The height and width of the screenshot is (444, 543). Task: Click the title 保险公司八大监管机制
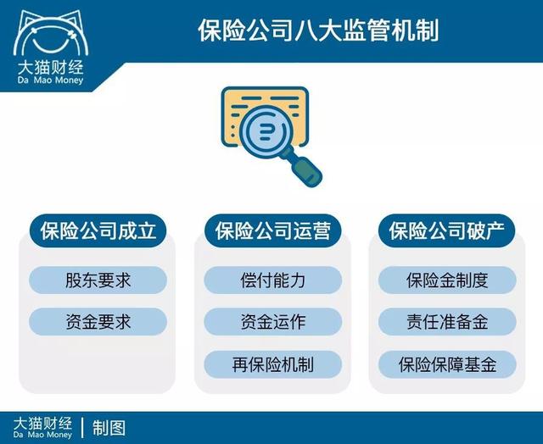coord(318,31)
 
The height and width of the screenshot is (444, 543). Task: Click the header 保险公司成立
coord(98,230)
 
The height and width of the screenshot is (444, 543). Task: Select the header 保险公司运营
coord(272,230)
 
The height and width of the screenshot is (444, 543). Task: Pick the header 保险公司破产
coord(446,230)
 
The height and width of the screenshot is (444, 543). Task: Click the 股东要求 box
coord(98,280)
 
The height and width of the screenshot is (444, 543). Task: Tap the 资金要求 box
coord(98,322)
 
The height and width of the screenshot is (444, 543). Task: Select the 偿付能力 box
coord(272,280)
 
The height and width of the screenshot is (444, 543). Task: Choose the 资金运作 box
coord(272,322)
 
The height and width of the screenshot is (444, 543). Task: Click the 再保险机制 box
coord(272,365)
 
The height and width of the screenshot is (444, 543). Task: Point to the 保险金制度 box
coord(446,280)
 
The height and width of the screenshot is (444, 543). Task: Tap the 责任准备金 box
coord(446,322)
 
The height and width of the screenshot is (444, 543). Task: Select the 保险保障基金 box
coord(446,365)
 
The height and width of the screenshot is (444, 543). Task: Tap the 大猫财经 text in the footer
coord(42,421)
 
